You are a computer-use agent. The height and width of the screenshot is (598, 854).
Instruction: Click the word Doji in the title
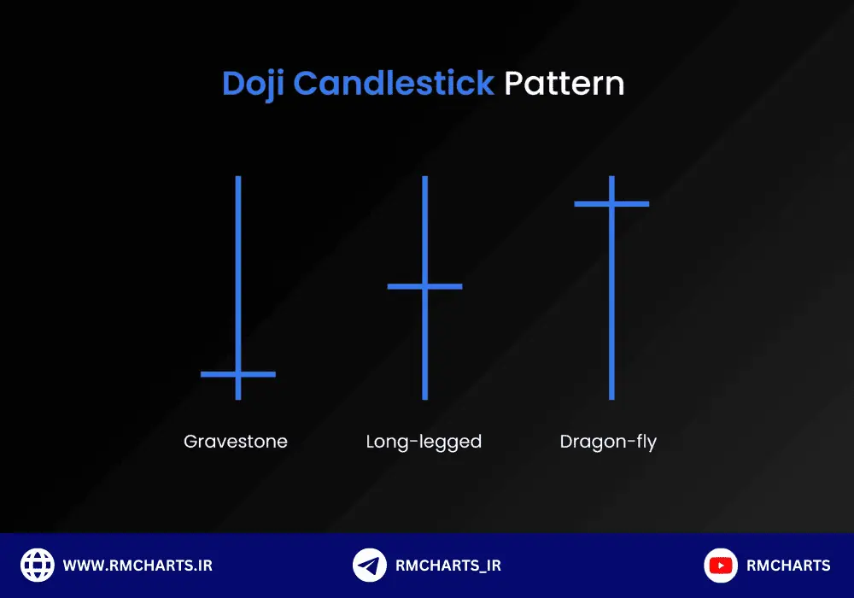point(253,85)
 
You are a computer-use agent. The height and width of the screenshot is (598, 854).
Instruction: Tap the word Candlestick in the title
point(393,83)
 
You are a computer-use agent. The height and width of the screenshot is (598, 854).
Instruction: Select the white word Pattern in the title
point(564,84)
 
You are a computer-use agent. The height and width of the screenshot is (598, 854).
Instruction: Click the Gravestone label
point(236,441)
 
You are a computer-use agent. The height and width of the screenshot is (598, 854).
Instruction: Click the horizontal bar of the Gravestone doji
point(238,374)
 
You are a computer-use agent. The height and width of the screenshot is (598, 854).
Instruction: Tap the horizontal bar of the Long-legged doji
point(424,286)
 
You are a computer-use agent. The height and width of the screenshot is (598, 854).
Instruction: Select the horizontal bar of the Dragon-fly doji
point(611,204)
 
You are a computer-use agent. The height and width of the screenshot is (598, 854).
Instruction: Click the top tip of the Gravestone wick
point(238,177)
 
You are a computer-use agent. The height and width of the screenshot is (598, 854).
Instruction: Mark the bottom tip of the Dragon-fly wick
point(611,399)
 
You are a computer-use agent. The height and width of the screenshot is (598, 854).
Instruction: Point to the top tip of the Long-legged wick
point(424,177)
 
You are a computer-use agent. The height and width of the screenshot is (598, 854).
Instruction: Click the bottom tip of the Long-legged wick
point(424,399)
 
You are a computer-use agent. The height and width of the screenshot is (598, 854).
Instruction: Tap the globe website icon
point(37,566)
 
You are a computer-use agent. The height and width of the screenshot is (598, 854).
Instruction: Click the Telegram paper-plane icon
point(369,566)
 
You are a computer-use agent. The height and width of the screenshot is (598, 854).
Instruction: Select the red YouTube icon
point(721,566)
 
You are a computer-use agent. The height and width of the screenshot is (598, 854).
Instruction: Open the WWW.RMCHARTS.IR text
point(137,566)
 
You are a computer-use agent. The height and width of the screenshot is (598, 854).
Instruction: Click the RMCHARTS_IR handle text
point(448,566)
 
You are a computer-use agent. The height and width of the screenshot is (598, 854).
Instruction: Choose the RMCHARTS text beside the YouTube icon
point(788,566)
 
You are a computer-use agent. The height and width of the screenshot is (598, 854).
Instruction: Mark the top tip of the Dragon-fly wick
point(611,177)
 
